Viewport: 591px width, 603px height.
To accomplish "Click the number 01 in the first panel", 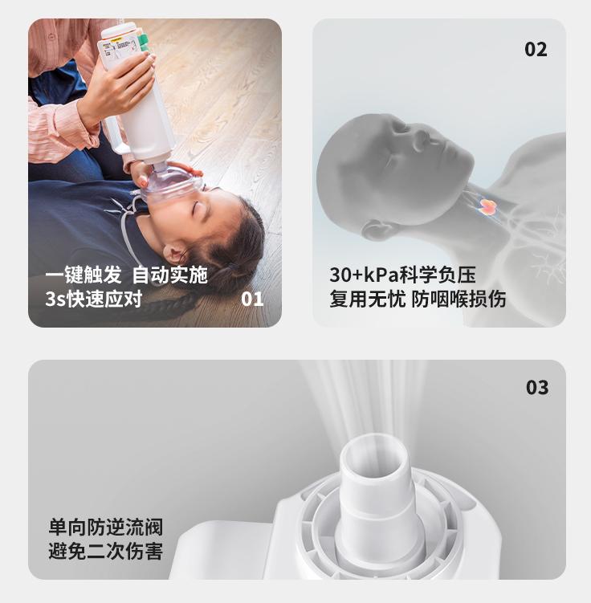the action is (252, 299).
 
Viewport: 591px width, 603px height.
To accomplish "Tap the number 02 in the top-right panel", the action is (536, 49).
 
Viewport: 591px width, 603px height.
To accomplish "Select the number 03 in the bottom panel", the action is (537, 387).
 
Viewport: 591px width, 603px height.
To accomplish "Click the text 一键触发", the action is (84, 275).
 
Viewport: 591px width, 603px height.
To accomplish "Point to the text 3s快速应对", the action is (93, 299).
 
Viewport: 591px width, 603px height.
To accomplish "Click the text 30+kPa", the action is (364, 275).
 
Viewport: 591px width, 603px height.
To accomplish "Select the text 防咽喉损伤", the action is (459, 299).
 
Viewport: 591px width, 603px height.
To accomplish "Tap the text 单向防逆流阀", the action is (106, 527).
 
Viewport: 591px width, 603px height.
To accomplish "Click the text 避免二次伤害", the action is (106, 551).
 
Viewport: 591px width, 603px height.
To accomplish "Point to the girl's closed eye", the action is (199, 210).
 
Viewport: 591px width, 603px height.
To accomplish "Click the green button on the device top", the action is (144, 43).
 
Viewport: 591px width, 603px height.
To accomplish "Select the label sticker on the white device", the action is (117, 48).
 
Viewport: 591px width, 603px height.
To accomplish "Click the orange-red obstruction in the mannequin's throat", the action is (486, 206).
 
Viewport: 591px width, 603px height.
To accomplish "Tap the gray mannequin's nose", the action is (420, 139).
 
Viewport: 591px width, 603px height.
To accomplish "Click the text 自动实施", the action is (170, 275).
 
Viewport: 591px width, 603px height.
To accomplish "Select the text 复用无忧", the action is (367, 299).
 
